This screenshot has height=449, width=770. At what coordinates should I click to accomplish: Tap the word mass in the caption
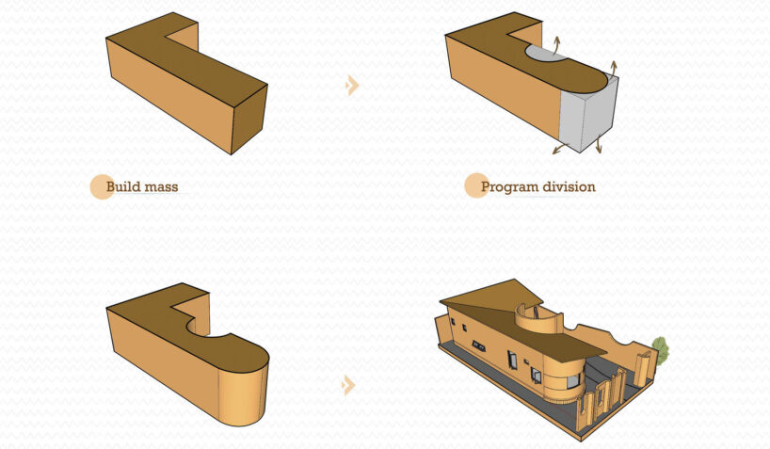[160, 186]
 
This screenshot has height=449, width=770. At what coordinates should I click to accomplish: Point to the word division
[569, 186]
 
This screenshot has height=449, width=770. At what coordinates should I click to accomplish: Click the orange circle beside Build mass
[101, 186]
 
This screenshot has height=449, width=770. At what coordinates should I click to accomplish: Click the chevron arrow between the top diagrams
[352, 86]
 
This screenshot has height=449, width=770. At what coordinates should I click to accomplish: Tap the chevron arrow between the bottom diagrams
[349, 385]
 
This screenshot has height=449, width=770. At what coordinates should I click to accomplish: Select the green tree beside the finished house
[661, 351]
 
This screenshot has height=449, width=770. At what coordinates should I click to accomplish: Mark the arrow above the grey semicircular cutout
[555, 42]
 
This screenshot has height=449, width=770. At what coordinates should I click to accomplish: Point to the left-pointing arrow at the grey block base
[558, 149]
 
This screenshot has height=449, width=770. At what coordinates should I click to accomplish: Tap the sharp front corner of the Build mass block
[232, 153]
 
